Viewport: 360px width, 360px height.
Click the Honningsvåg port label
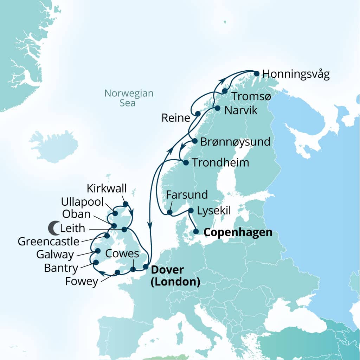pyautogui.click(x=296, y=75)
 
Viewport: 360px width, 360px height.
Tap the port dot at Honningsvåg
pyautogui.click(x=257, y=73)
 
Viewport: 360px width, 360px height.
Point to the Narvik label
pyautogui.click(x=241, y=110)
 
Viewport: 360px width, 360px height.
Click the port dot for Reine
pyautogui.click(x=198, y=114)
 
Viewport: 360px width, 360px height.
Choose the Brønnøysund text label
pyautogui.click(x=235, y=142)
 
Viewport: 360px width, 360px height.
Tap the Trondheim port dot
pyautogui.click(x=186, y=162)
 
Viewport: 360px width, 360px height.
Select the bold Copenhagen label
pyautogui.click(x=238, y=232)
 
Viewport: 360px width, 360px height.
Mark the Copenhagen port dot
pyautogui.click(x=196, y=232)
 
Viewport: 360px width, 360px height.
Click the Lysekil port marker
pyautogui.click(x=191, y=211)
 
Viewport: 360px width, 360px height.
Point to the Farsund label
pyautogui.click(x=187, y=194)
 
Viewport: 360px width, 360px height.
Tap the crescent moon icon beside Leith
pyautogui.click(x=54, y=228)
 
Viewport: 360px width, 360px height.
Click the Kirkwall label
pyautogui.click(x=107, y=189)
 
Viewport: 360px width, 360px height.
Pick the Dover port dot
pyautogui.click(x=146, y=266)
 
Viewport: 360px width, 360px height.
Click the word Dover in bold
pyautogui.click(x=167, y=270)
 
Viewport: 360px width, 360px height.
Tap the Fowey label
pyautogui.click(x=82, y=282)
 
